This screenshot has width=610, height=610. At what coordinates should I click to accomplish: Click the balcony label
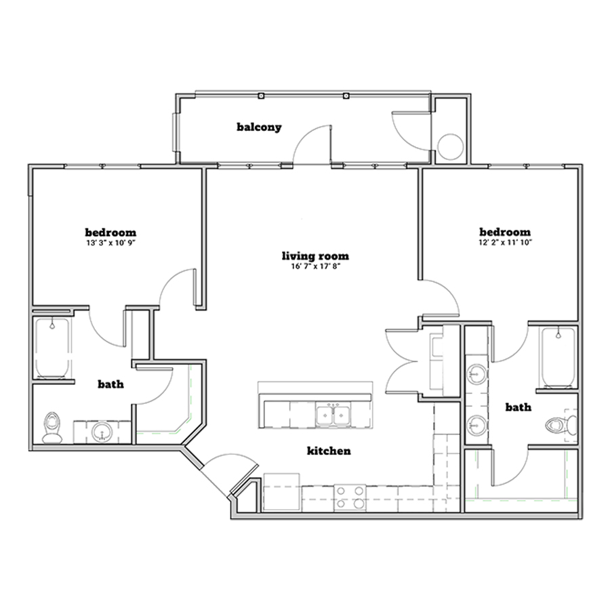(x=259, y=127)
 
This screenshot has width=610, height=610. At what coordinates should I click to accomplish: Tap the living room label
(x=315, y=256)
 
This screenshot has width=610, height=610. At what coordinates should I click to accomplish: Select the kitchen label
(x=329, y=451)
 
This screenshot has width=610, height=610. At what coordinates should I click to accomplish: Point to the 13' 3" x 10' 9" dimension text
(x=111, y=243)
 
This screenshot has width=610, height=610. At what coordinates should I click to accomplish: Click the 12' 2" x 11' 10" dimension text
(x=505, y=243)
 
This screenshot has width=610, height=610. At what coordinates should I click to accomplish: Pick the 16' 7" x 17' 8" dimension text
(x=315, y=266)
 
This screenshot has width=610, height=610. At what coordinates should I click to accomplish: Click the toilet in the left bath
(x=52, y=428)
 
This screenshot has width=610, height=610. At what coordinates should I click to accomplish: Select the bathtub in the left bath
(x=52, y=348)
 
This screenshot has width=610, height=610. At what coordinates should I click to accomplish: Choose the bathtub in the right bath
(x=558, y=357)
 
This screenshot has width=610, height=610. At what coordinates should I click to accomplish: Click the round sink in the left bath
(x=102, y=432)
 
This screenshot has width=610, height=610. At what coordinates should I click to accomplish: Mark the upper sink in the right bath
(x=476, y=374)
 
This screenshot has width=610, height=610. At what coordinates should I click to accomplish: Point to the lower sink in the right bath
(x=476, y=425)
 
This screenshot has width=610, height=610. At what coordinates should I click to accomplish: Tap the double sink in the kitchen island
(x=333, y=415)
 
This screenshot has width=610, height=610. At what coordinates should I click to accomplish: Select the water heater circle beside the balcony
(x=451, y=146)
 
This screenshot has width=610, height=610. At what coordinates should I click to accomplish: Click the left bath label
(x=111, y=384)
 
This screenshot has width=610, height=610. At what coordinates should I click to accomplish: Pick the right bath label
(x=518, y=407)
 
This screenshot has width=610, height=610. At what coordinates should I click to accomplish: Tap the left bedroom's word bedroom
(x=111, y=232)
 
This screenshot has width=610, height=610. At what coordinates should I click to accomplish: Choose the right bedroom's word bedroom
(x=505, y=232)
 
